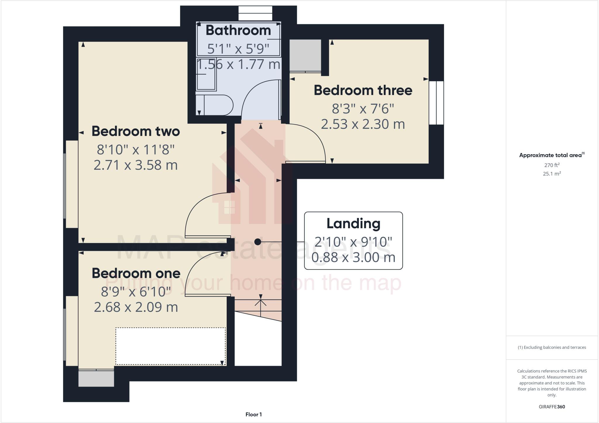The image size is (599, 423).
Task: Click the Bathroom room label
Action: coord(238,30)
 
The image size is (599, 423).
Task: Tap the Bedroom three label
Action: coord(363,90)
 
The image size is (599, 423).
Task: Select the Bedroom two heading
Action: coord(135,131)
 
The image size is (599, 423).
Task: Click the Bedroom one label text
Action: coord(136,273)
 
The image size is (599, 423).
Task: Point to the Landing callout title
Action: coord(353,223)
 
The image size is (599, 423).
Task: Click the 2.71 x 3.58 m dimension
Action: coord(135,165)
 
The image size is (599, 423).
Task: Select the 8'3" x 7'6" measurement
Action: coord(363,109)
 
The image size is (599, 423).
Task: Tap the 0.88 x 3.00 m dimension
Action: coord(353,257)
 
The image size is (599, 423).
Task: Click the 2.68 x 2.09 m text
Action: coord(136,307)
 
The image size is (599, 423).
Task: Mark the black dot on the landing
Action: coord(258,242)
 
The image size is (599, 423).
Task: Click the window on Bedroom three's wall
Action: coord(436,103)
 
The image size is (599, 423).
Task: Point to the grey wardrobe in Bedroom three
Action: coord(305,55)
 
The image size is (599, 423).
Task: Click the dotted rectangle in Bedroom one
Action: coord(171,346)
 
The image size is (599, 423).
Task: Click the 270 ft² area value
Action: coord(552,165)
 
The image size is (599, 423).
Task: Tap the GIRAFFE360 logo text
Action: coord(552,407)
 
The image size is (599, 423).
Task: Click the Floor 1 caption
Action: coord(254,415)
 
